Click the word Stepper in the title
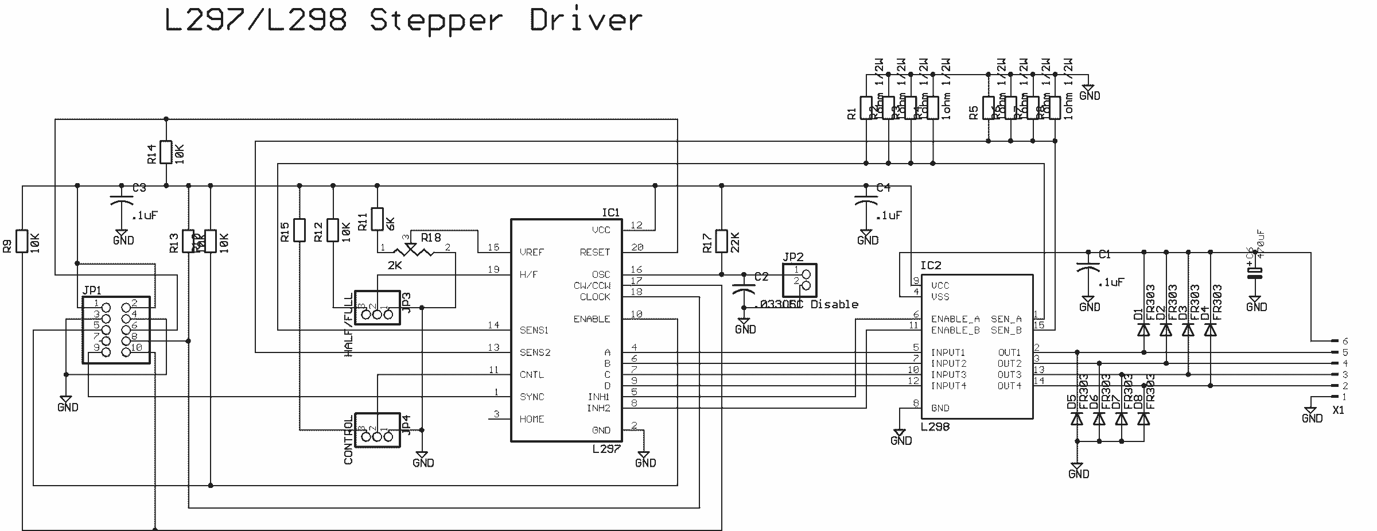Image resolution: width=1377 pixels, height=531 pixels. (436, 21)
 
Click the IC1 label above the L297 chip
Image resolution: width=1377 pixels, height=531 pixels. (610, 213)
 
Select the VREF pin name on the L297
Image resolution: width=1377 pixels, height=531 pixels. (531, 252)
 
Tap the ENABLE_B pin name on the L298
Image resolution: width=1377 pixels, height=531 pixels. (955, 330)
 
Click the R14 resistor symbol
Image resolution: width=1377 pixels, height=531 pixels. (166, 152)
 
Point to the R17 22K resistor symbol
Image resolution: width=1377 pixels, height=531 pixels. (722, 241)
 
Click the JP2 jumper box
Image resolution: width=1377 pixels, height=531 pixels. (800, 280)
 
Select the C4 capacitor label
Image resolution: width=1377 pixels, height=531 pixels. (884, 188)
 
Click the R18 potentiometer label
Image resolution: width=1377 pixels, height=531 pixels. (431, 238)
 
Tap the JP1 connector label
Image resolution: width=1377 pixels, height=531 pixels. (92, 291)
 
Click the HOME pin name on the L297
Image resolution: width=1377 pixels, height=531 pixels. (531, 419)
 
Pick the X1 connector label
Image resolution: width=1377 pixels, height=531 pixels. (1338, 410)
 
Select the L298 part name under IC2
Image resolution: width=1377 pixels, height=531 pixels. (935, 427)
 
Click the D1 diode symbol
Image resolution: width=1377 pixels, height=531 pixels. (1144, 330)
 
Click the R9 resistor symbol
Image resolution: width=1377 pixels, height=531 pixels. (22, 241)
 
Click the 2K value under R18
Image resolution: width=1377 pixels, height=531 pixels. (395, 265)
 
